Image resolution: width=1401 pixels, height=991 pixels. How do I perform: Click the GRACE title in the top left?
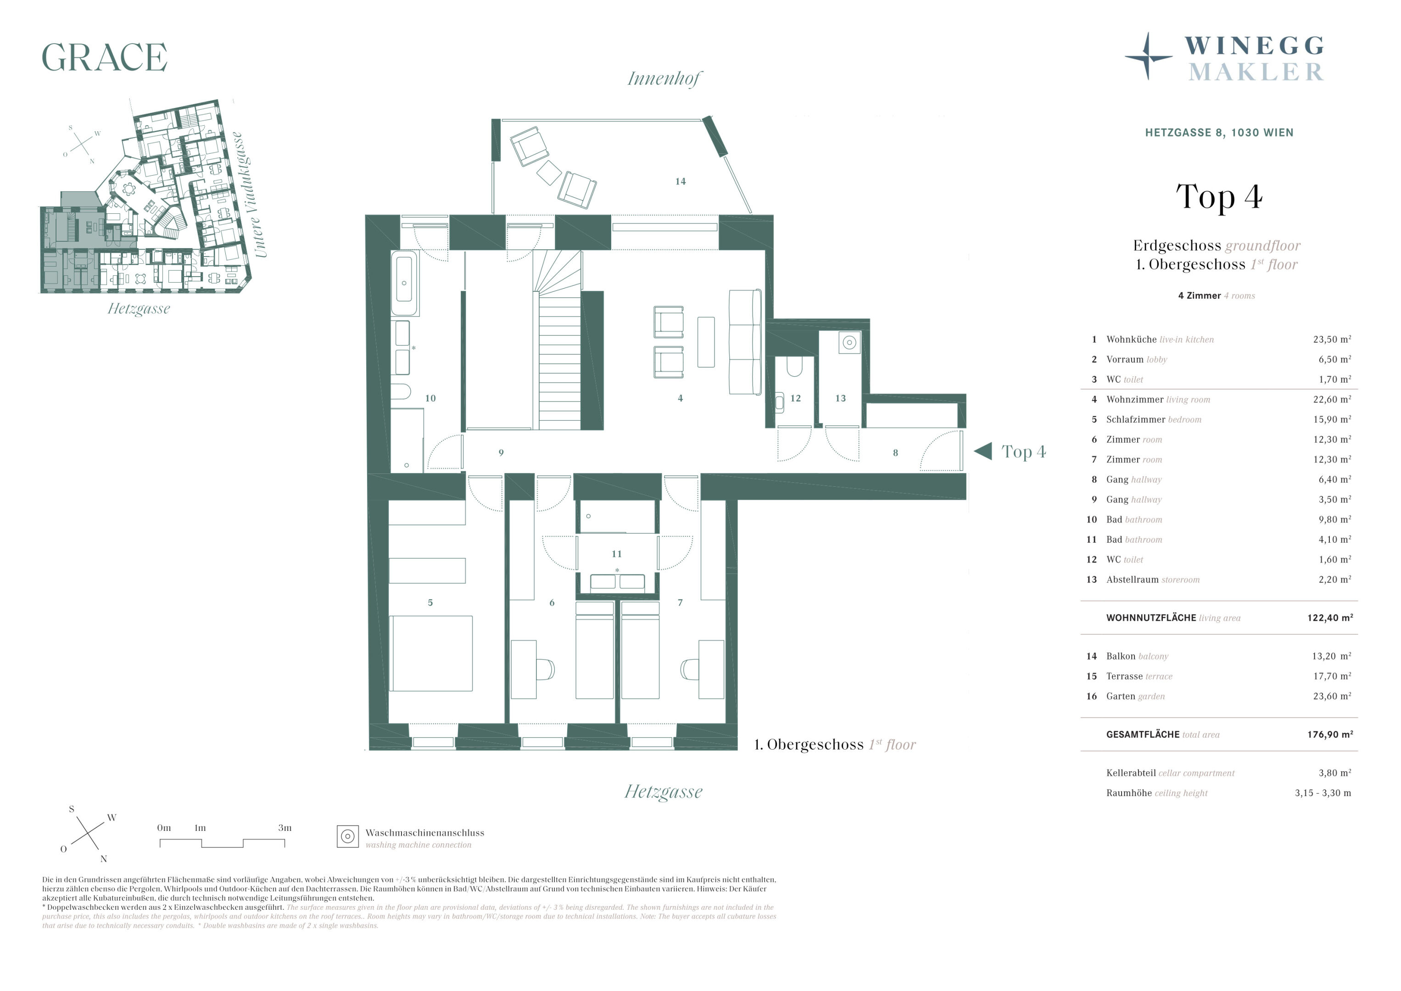pos(104,57)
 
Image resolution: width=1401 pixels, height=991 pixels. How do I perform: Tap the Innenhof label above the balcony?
pos(664,79)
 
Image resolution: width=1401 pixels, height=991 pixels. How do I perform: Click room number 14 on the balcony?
pos(681,181)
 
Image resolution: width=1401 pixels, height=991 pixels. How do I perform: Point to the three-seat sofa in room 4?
pos(745,342)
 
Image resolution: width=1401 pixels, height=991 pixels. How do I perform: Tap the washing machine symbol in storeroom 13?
pos(849,342)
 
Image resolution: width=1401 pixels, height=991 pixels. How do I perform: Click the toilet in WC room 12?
pos(794,366)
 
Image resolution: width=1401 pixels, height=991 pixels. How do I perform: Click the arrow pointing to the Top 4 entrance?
pos(983,451)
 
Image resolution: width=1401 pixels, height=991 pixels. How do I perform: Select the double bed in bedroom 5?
pos(431,653)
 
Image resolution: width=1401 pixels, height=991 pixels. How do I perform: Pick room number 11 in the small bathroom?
pos(616,554)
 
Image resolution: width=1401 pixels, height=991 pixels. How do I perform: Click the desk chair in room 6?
pos(546,669)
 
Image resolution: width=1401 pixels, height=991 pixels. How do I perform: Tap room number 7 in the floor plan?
pos(681,602)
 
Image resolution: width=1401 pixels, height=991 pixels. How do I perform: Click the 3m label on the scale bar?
pos(285,828)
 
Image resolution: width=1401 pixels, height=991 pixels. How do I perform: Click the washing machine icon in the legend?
pos(348,836)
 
